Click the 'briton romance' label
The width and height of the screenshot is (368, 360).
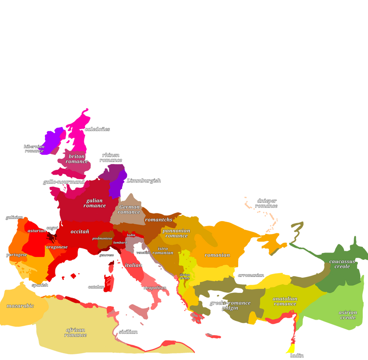coord(77,159)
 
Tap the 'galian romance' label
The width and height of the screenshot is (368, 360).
coord(94,203)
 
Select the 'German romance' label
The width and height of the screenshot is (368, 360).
coord(129,209)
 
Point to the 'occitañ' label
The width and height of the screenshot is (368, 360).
coord(80,231)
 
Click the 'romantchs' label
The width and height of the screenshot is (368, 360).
coord(159,220)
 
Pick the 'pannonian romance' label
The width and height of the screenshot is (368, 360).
coord(176,233)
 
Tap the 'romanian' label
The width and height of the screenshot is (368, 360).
coord(217,255)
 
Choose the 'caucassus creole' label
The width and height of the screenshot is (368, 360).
coord(342,263)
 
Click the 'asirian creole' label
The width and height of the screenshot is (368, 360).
coord(348,315)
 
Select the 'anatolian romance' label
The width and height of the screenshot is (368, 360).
coord(285,301)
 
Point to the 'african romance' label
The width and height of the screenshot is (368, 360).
coord(75,332)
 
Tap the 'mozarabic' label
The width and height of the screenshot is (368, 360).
coord(20,305)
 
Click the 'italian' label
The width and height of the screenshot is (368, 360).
coord(134,265)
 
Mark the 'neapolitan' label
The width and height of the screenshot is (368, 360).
coord(155,288)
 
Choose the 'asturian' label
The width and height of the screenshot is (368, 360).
coord(37,230)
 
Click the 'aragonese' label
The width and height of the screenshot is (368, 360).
coord(57,247)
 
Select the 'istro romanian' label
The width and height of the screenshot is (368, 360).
coord(163,250)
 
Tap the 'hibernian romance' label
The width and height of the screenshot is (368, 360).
coord(34,149)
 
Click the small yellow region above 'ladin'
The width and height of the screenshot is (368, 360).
coord(290,349)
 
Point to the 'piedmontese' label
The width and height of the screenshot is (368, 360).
coord(102,238)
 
